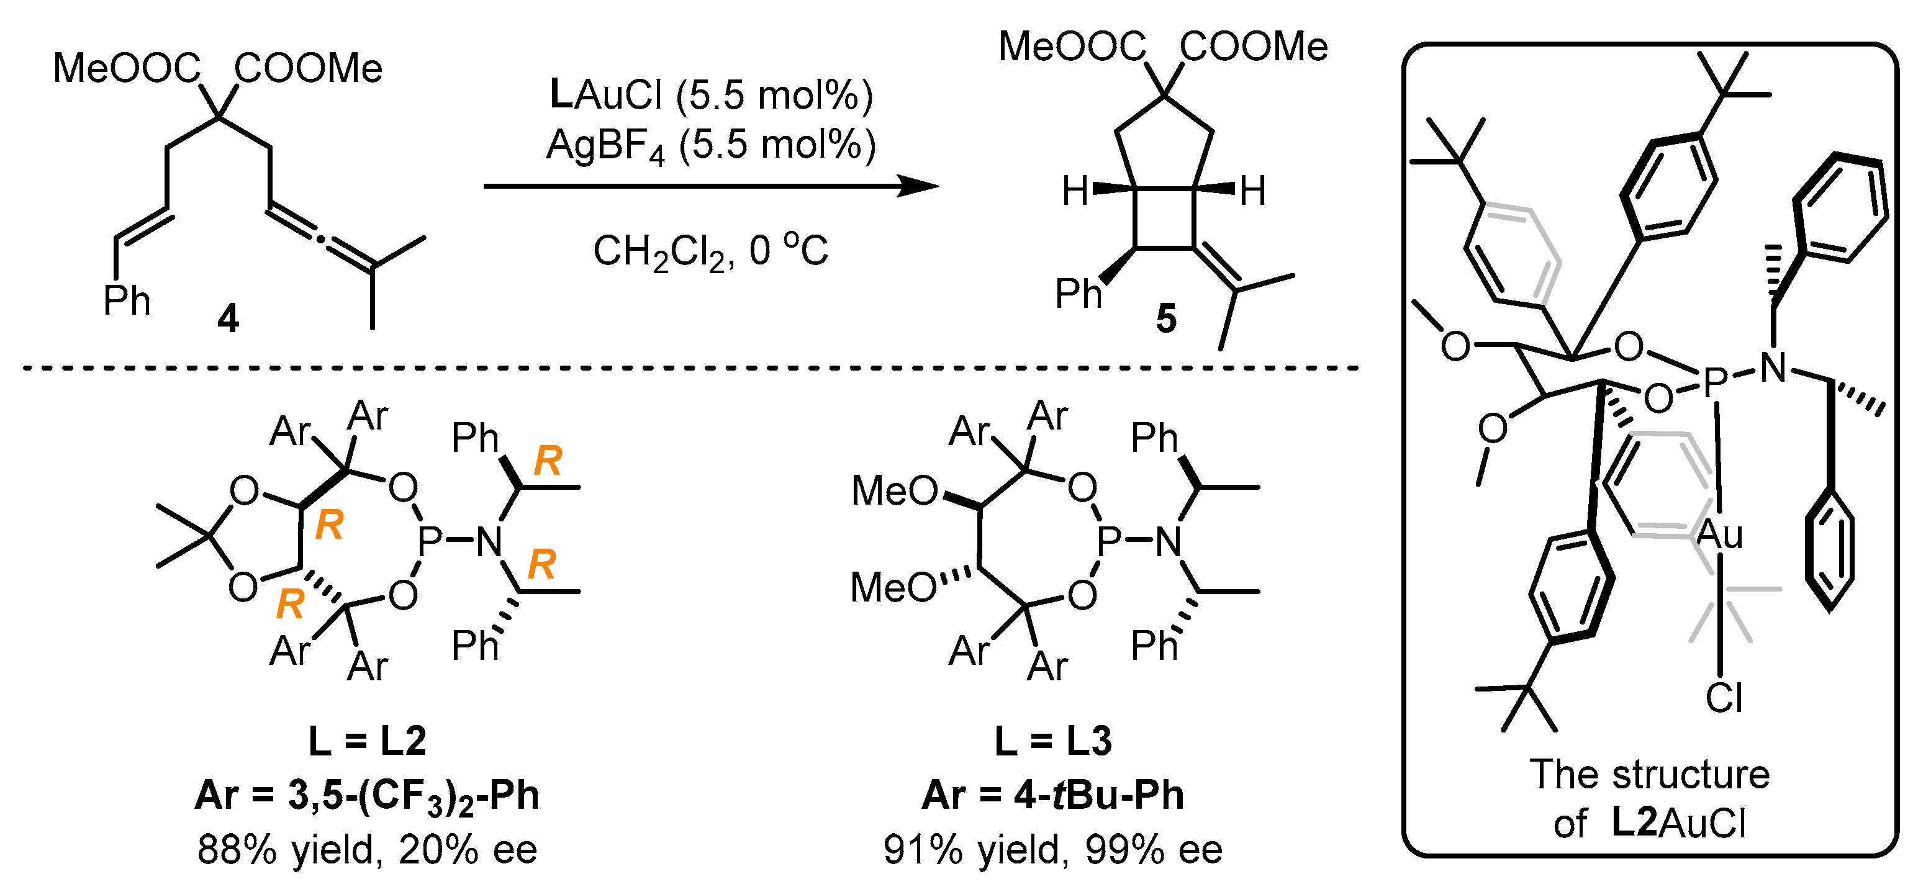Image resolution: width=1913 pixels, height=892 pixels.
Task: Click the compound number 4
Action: tap(228, 319)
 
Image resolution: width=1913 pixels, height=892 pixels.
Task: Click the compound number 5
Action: tap(1166, 319)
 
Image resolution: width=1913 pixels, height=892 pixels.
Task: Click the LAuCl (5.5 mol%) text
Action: tap(711, 95)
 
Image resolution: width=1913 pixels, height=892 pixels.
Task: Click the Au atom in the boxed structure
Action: tap(1719, 534)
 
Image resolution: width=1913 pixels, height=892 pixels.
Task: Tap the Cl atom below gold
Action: tap(1724, 698)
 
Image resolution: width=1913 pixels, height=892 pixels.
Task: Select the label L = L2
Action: tap(368, 741)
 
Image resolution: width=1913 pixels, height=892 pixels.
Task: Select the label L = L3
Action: tap(1053, 741)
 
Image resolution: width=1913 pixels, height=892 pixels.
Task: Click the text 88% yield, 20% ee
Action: tap(367, 849)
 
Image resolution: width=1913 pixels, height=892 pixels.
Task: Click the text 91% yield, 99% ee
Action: tap(1053, 849)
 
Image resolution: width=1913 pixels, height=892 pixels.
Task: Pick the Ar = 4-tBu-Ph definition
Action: tap(1053, 795)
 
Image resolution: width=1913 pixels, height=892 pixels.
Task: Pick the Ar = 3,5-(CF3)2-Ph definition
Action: tap(367, 795)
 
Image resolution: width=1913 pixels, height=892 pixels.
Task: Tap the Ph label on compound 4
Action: tap(126, 301)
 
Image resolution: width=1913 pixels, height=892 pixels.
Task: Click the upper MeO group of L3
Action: tap(894, 491)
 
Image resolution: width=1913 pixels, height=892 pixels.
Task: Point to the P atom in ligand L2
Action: tap(430, 541)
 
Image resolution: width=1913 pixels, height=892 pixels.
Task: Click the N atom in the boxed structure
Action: tap(1773, 367)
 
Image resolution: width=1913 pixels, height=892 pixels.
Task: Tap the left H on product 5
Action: tap(1075, 191)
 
